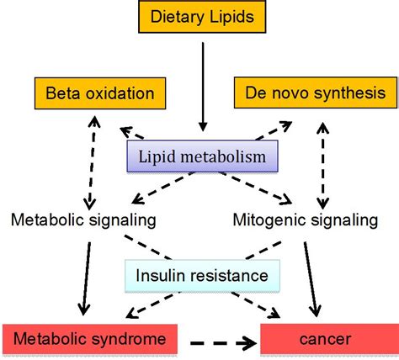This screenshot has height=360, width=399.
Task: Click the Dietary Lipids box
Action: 202,17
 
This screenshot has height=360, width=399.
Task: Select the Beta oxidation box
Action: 100,93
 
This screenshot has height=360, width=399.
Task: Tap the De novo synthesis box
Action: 316,93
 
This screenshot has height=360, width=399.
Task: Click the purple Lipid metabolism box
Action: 202,156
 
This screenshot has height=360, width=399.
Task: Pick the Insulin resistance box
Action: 202,276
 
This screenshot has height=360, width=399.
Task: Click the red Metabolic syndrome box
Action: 90,339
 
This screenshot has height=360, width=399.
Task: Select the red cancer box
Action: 330,339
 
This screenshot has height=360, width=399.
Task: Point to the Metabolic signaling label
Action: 83,220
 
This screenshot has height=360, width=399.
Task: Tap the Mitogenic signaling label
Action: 306,220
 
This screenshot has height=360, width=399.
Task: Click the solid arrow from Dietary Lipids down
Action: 203,87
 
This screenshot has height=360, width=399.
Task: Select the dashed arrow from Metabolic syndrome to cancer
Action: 223,342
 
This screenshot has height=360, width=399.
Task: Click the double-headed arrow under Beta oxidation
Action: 92,162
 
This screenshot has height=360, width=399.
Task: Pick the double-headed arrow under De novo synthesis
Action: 323,166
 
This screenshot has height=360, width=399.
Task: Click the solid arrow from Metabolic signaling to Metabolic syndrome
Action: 86,278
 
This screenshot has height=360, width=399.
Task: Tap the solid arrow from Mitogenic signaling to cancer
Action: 311,279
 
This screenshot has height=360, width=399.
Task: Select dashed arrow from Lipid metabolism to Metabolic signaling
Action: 163,188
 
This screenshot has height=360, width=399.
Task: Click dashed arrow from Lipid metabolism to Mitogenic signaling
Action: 255,188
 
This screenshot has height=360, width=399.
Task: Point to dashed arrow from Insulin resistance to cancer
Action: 255,305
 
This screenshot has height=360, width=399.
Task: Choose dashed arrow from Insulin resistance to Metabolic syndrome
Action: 153,305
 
